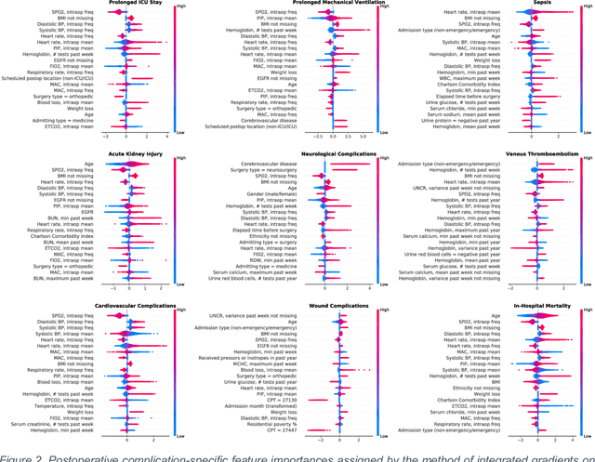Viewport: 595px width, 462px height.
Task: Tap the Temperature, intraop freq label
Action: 61,405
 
